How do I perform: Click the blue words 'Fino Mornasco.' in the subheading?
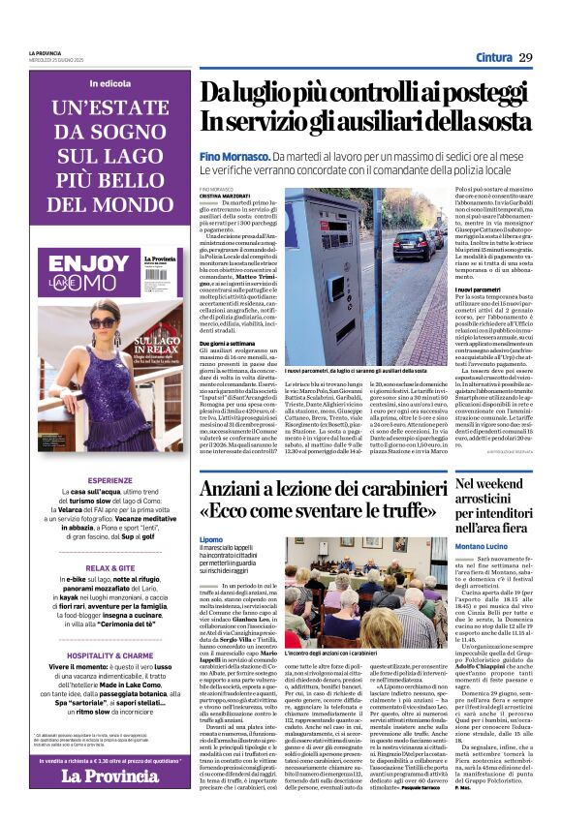pos(233,156)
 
